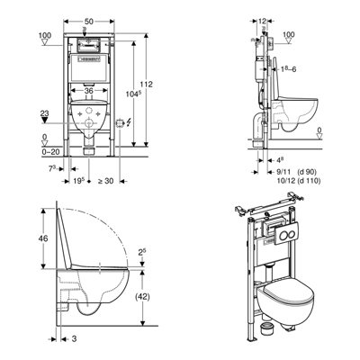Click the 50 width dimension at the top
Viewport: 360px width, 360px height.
coord(89,21)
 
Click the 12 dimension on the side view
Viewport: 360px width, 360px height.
coord(261,21)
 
